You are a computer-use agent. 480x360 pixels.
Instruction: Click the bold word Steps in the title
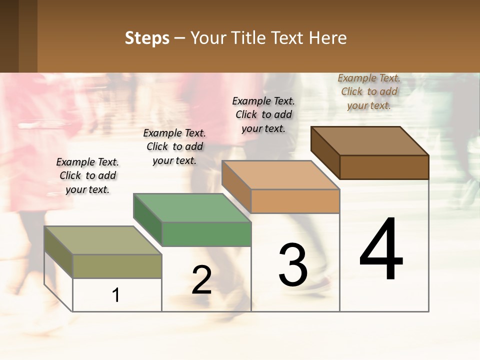click(x=147, y=38)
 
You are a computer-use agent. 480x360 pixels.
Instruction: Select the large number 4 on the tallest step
click(x=381, y=249)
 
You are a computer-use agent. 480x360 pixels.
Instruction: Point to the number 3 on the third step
click(x=293, y=265)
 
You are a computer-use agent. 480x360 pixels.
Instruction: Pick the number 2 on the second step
click(x=201, y=280)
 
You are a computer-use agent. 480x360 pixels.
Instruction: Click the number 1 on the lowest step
click(x=116, y=295)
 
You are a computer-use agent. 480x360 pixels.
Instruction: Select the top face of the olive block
click(x=103, y=240)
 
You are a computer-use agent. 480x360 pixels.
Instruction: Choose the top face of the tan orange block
click(x=281, y=175)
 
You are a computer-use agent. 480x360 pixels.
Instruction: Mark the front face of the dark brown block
click(x=384, y=167)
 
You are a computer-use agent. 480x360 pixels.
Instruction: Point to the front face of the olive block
click(x=117, y=266)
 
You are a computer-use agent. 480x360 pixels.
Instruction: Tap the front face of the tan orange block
click(x=295, y=201)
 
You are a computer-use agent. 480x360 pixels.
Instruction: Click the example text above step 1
click(x=87, y=175)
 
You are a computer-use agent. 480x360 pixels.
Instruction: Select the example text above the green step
click(x=174, y=146)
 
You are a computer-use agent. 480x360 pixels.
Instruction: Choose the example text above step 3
click(x=263, y=114)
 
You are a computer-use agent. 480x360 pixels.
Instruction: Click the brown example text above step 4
click(x=369, y=91)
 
